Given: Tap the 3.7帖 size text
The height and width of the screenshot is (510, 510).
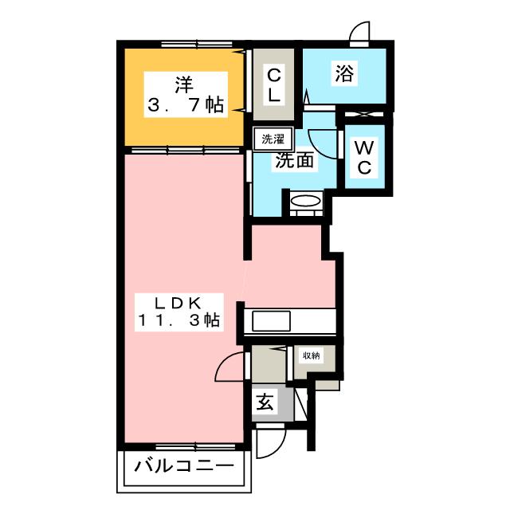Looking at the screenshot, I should pyautogui.click(x=185, y=104).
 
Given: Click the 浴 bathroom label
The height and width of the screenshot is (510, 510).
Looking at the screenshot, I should pyautogui.click(x=344, y=74).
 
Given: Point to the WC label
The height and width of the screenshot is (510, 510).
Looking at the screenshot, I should pyautogui.click(x=363, y=158).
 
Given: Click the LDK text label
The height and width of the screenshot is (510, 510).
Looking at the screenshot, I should pyautogui.click(x=182, y=302).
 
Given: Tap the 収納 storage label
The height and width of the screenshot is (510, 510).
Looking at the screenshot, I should pyautogui.click(x=310, y=356).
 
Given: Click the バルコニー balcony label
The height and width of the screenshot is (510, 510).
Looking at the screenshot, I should pyautogui.click(x=184, y=467).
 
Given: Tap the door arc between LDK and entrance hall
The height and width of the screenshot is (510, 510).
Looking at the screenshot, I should pyautogui.click(x=230, y=368).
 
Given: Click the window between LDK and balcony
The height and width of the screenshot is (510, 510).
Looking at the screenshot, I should pyautogui.click(x=185, y=443).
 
